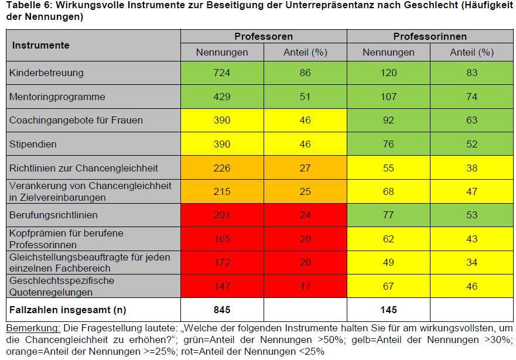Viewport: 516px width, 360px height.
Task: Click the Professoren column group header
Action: pos(264,36)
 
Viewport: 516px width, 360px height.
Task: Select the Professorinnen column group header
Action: pos(429,36)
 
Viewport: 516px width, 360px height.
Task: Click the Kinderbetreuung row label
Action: pos(47,73)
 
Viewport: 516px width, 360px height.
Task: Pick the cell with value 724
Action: pos(222,73)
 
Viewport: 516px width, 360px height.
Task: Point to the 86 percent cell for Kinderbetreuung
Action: pos(305,73)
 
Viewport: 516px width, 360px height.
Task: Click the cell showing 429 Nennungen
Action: pos(222,97)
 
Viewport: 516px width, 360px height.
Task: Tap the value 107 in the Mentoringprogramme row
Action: pos(388,97)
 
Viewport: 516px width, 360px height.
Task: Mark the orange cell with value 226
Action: pos(222,168)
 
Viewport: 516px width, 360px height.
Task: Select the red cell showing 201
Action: pos(222,215)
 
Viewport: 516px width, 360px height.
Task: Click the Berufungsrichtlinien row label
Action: pos(53,215)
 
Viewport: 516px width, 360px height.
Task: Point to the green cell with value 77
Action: pos(388,215)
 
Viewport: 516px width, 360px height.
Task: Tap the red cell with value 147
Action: pos(222,286)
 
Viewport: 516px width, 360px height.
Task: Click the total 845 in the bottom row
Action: pos(222,310)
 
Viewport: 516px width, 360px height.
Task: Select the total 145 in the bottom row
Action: pos(388,310)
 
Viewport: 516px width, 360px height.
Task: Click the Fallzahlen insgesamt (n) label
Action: pos(67,310)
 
